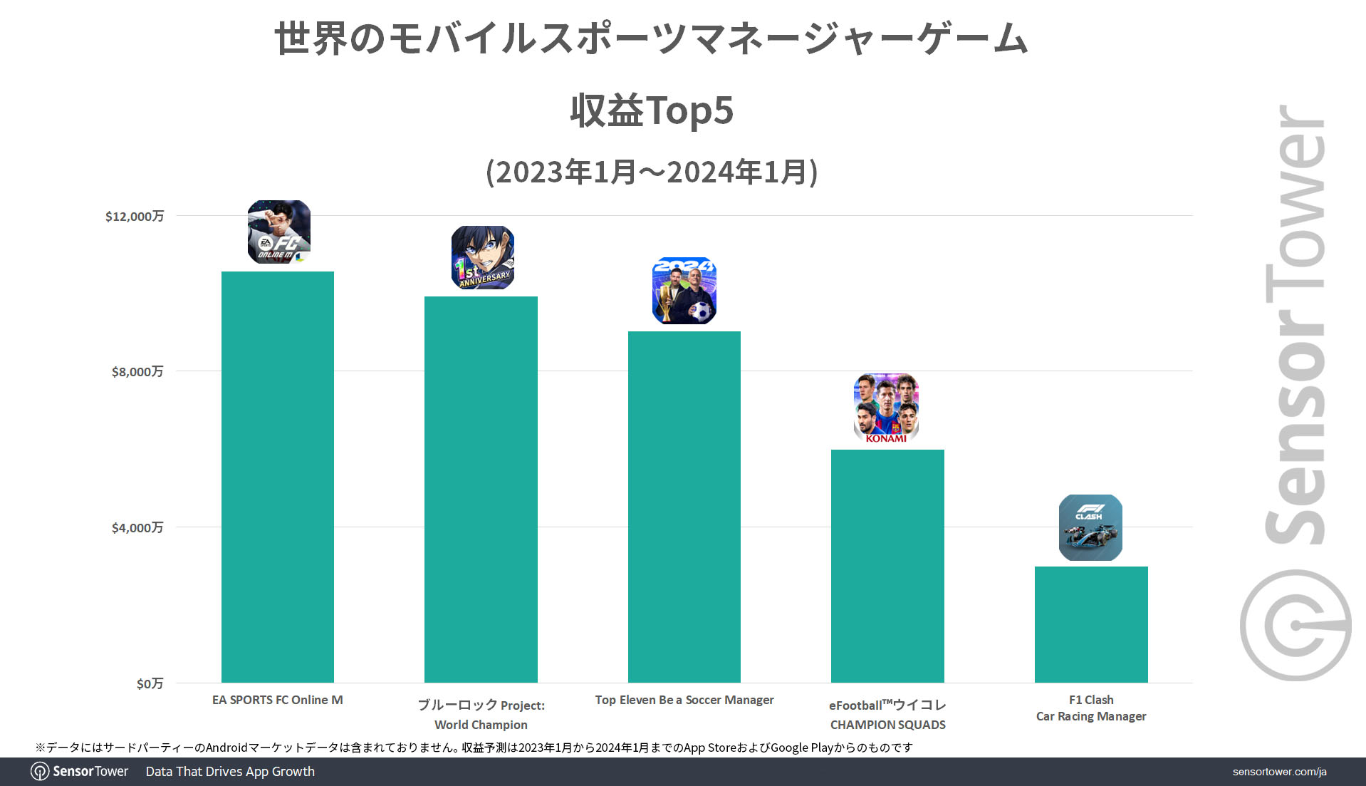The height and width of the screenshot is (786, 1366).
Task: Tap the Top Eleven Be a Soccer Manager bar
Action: click(x=684, y=506)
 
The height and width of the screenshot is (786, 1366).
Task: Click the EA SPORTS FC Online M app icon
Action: click(x=279, y=232)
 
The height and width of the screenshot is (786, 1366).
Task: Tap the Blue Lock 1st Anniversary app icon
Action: click(x=483, y=257)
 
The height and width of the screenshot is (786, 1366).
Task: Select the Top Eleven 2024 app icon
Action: click(x=684, y=291)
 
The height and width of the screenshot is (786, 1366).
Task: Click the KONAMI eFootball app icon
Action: click(x=886, y=408)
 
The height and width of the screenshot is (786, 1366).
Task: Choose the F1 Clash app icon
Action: click(x=1090, y=527)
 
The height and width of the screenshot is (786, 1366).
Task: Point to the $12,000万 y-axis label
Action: click(x=135, y=216)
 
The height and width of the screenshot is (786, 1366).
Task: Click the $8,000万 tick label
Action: click(x=137, y=371)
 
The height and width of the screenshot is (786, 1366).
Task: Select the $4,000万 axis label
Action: click(x=137, y=527)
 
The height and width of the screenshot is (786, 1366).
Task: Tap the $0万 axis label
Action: click(x=150, y=683)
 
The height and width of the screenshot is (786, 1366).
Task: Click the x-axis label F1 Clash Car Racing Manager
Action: click(x=1091, y=708)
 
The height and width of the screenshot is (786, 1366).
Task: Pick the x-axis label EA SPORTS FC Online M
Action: click(x=278, y=700)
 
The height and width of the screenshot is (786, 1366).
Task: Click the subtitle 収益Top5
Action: click(x=652, y=110)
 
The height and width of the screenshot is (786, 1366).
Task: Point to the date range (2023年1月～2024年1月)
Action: click(x=652, y=172)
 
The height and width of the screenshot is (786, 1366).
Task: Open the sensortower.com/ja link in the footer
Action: click(x=1279, y=772)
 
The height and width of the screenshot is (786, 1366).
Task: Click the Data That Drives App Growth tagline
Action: click(x=230, y=772)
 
